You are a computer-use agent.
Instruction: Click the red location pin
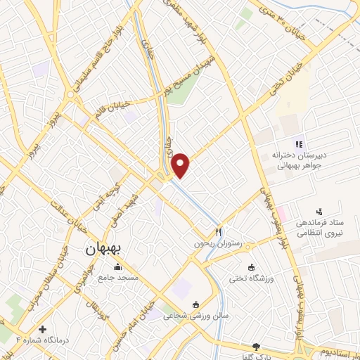click(x=181, y=164)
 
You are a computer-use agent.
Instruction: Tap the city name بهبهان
click(x=104, y=249)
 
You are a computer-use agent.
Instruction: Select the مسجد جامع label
click(x=118, y=278)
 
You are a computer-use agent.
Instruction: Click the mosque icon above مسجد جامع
click(x=117, y=266)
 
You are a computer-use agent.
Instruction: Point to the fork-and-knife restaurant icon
click(x=219, y=231)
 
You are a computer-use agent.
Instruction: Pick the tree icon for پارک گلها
click(x=256, y=347)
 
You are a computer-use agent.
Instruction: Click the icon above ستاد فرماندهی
click(x=321, y=211)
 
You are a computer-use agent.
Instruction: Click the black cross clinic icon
click(x=43, y=329)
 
